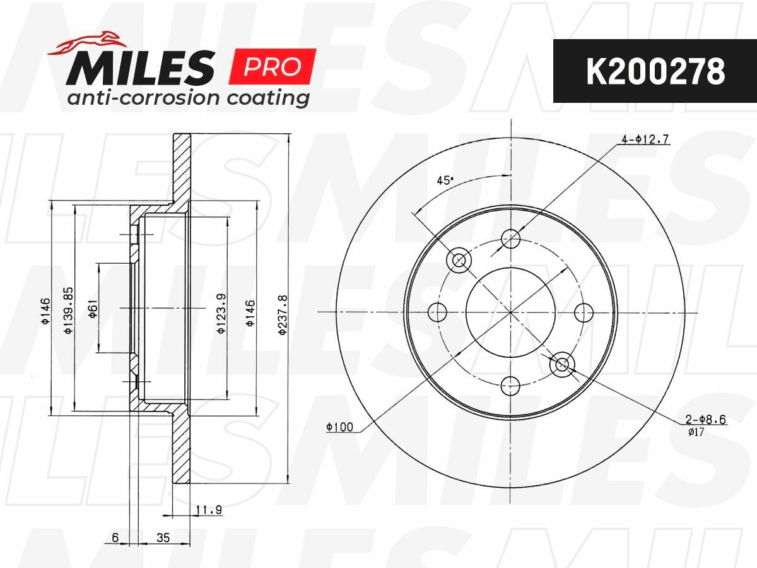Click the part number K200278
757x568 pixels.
coord(655,72)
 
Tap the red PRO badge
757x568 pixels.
coord(273,66)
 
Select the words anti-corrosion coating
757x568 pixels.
coord(188,98)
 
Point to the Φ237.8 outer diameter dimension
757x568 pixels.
coord(283,315)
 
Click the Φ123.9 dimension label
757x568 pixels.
coord(221,314)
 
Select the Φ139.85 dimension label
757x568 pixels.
coord(68,311)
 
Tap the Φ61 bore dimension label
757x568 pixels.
coord(93,309)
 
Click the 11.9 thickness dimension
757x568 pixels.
coord(209,510)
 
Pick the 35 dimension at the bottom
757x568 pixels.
coord(163,538)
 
